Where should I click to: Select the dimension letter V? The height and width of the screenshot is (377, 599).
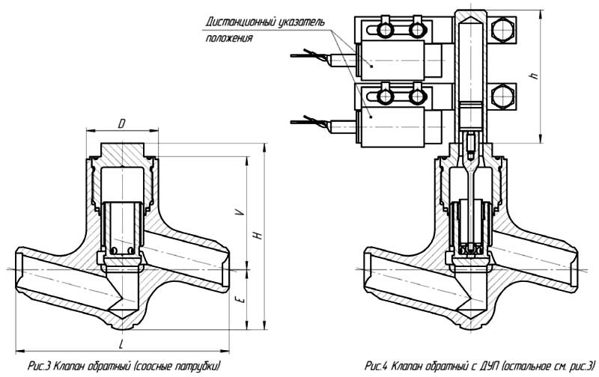[238, 212]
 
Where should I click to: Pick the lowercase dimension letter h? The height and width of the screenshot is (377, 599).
[533, 76]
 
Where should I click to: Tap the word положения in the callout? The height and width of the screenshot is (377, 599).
[225, 38]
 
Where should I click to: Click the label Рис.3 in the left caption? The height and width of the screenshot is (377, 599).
[38, 366]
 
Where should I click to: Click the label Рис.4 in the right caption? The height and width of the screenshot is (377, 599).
[375, 366]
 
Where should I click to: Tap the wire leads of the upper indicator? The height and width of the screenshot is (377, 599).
[304, 55]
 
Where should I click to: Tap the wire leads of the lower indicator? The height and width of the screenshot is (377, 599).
[307, 120]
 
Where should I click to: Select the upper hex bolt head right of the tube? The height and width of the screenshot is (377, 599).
[501, 34]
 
